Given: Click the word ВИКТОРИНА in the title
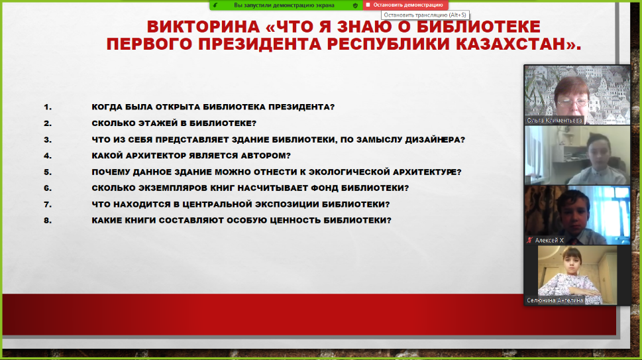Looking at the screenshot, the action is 203,27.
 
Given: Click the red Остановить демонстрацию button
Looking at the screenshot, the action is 405,5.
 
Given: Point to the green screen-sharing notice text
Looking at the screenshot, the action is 284,5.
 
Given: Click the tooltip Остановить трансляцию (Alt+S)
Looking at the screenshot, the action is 425,15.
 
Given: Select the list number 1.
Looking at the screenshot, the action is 48,107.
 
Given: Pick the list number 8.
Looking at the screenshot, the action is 48,221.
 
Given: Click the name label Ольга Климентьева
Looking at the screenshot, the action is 555,121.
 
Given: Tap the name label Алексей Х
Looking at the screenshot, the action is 549,241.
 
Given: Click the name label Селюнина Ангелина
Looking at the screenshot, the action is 555,300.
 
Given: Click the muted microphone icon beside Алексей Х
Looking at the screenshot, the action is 529,241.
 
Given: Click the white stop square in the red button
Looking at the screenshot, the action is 368,5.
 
